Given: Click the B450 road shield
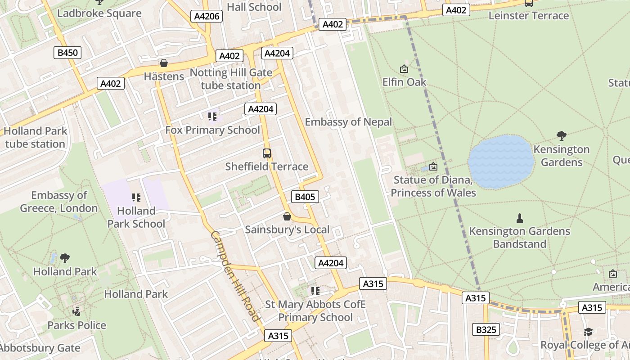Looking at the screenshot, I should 68,53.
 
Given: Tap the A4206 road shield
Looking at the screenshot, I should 207,17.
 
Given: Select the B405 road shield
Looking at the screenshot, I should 305,197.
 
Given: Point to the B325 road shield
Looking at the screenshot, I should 486,329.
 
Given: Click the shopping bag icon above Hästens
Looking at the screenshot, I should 164,63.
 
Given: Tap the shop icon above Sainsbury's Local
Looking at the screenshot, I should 287,217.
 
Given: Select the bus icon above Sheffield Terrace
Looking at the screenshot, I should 267,153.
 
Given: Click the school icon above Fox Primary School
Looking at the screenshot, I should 212,117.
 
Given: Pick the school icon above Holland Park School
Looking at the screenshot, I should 136,198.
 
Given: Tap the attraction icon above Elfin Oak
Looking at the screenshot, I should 404,69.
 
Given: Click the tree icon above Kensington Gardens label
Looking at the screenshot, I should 561,136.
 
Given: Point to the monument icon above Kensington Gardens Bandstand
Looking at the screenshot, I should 520,218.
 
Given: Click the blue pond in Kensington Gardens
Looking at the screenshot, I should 501,162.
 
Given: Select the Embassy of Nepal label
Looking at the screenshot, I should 348,122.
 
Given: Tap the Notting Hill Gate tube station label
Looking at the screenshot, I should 231,79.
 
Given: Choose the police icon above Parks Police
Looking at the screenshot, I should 76,311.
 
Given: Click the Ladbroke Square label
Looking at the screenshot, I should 99,13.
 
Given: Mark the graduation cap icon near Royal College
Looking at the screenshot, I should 588,332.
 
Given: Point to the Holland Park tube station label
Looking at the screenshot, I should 36,138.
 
